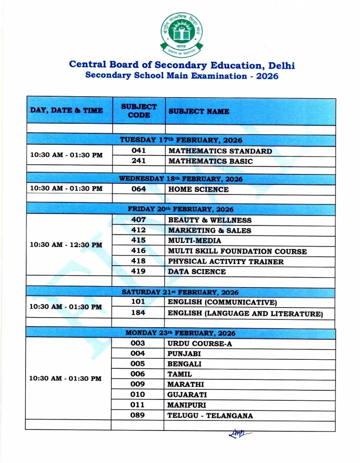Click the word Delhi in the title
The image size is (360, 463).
281,65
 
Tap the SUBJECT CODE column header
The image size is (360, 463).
138,111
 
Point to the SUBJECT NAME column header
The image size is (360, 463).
199,111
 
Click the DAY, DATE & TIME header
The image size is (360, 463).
66,110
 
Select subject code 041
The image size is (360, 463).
138,151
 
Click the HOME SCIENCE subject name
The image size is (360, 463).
198,189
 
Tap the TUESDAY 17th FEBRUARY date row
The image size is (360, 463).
180,139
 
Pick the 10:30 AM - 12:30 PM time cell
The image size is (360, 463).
66,245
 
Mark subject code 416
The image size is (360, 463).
138,251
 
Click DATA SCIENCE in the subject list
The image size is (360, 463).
196,272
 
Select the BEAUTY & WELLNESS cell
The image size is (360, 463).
209,220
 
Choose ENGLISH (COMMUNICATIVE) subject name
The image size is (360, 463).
222,303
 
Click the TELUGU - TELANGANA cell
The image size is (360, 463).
210,415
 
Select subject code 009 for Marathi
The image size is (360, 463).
138,384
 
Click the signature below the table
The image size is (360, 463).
239,434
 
